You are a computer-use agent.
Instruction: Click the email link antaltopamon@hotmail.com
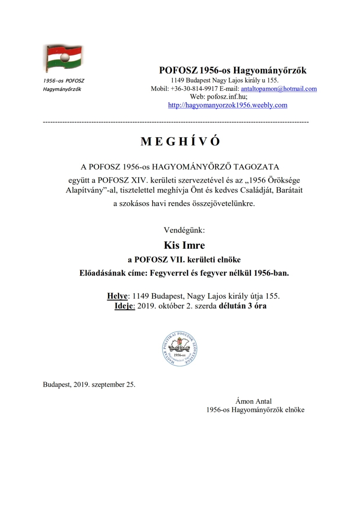pyautogui.click(x=278, y=89)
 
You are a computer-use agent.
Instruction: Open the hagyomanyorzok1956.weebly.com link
pyautogui.click(x=227, y=105)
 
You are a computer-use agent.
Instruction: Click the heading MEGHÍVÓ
pyautogui.click(x=180, y=142)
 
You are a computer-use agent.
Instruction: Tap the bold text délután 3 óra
pyautogui.click(x=245, y=306)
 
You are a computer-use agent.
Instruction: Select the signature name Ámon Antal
pyautogui.click(x=253, y=401)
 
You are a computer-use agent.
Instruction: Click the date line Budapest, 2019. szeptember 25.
pyautogui.click(x=89, y=385)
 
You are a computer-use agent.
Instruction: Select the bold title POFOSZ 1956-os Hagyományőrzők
pyautogui.click(x=233, y=71)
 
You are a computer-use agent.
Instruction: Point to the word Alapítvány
pyautogui.click(x=82, y=191)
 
